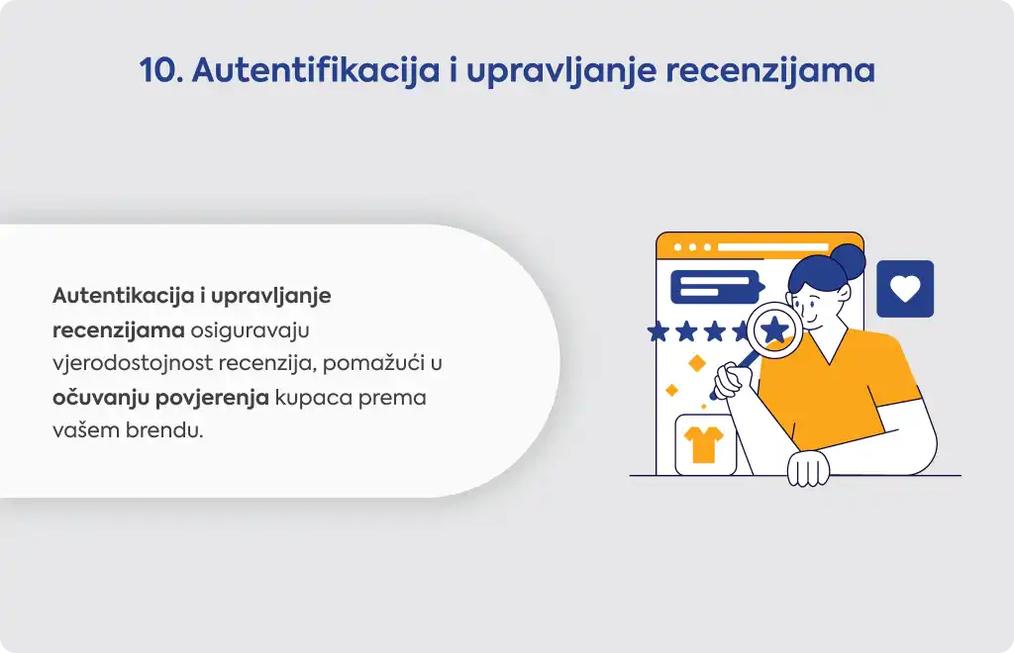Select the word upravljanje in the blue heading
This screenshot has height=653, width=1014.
pyautogui.click(x=561, y=71)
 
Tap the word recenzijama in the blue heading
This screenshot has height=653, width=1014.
pyautogui.click(x=770, y=71)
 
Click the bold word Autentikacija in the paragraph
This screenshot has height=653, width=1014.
pyautogui.click(x=124, y=295)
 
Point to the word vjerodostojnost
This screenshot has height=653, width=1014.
pyautogui.click(x=133, y=363)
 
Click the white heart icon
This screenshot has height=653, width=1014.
pyautogui.click(x=905, y=288)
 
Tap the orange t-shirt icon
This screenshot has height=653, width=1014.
pyautogui.click(x=704, y=444)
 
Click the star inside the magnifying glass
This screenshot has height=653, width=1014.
pyautogui.click(x=774, y=329)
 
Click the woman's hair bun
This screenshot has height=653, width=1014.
pyautogui.click(x=848, y=261)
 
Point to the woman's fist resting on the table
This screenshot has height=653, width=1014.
pyautogui.click(x=808, y=468)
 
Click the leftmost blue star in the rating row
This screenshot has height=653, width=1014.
pyautogui.click(x=659, y=332)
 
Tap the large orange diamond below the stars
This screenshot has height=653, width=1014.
pyautogui.click(x=696, y=364)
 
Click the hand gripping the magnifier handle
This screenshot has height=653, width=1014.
pyautogui.click(x=730, y=381)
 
